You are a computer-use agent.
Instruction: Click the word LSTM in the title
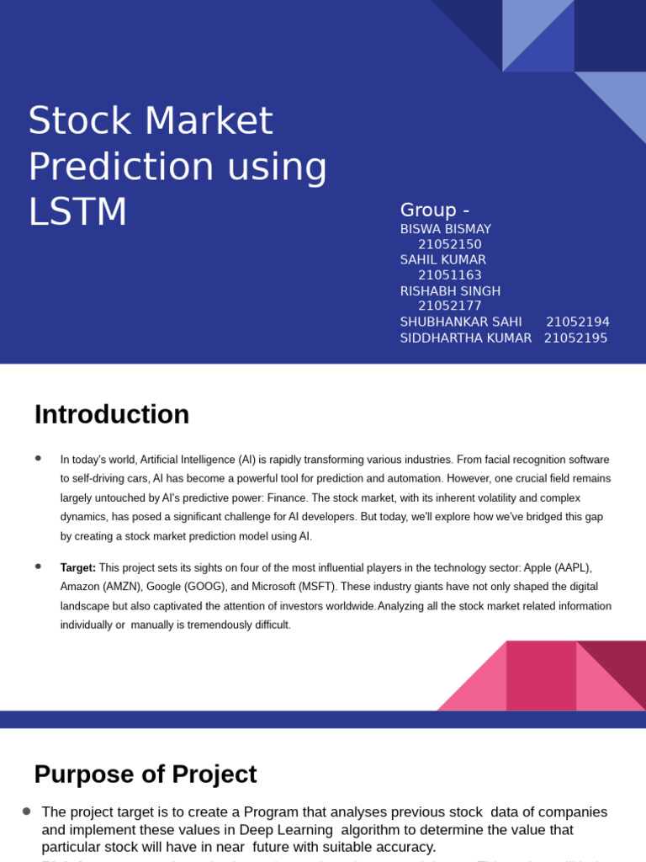click(78, 212)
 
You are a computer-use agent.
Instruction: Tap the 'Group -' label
click(435, 210)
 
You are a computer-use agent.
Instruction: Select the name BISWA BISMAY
click(446, 229)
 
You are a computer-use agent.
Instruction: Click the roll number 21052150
click(450, 245)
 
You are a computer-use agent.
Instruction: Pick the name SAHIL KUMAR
click(443, 260)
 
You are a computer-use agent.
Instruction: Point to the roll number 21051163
click(450, 275)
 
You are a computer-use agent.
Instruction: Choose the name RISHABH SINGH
click(450, 291)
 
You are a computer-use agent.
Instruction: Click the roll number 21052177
click(450, 306)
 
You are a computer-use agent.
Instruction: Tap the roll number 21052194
click(578, 322)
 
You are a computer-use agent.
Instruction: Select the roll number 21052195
click(575, 338)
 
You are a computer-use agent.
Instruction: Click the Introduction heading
click(112, 415)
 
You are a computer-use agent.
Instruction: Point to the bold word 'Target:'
click(78, 568)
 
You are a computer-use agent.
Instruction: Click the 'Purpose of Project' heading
click(146, 774)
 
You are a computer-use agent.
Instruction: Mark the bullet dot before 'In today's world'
click(39, 458)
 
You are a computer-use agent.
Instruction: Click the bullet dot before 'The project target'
click(27, 811)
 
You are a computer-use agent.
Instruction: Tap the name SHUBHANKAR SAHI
click(461, 322)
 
